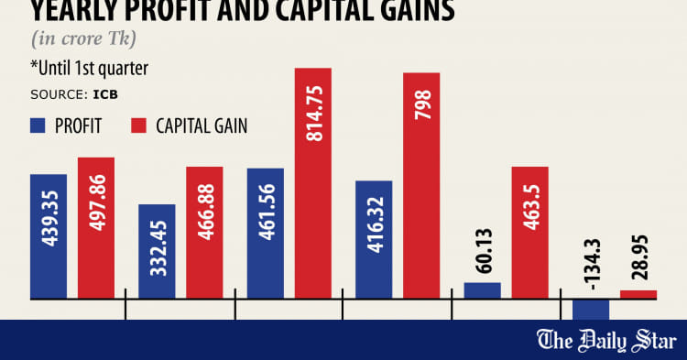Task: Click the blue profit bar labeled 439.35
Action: (48, 236)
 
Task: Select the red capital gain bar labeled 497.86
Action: (96, 228)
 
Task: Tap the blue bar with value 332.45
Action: (157, 251)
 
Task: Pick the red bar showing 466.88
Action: (204, 233)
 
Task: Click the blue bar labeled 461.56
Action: (266, 234)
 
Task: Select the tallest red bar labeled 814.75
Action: (312, 183)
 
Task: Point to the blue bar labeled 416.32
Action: (374, 239)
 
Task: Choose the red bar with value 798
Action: (421, 186)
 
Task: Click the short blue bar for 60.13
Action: (483, 290)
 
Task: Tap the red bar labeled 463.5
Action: (530, 233)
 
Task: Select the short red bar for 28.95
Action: (638, 294)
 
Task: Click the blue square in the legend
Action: (38, 125)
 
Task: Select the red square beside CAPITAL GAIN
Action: (140, 125)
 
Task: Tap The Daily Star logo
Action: (605, 341)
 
